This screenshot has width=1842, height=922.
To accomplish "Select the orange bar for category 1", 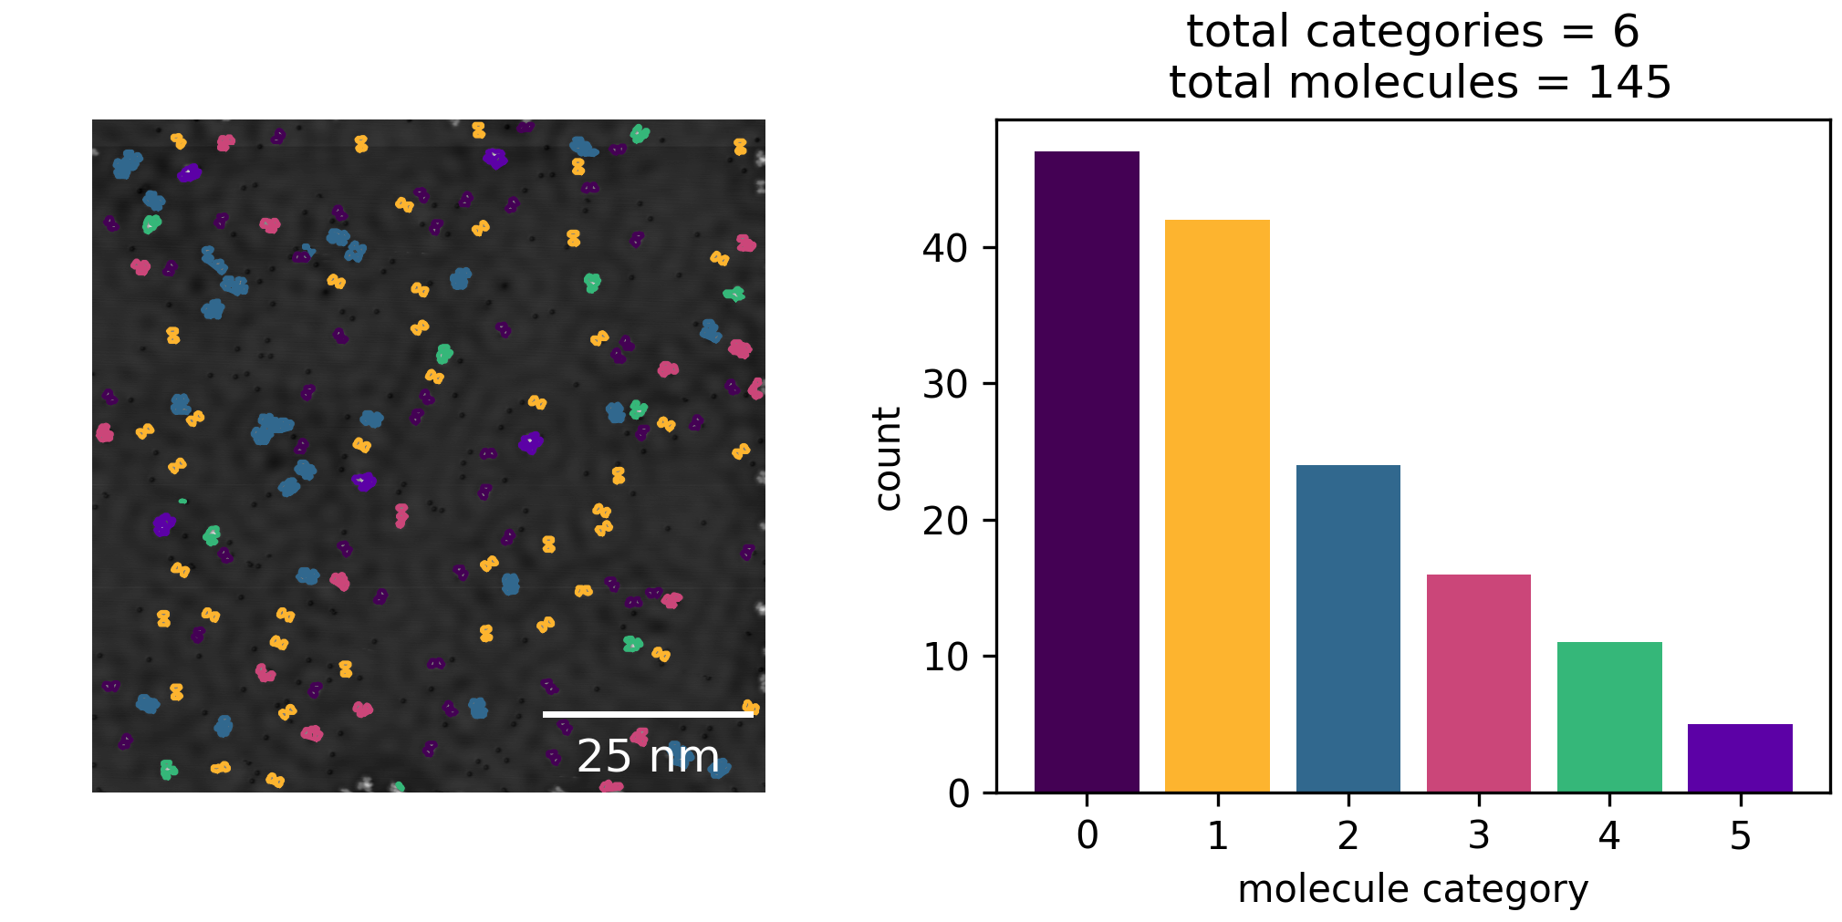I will pos(1217,506).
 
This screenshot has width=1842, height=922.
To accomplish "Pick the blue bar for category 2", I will pos(1348,628).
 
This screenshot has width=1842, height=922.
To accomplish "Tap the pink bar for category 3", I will pos(1478,683).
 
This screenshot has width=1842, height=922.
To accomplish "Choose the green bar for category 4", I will pos(1608,717).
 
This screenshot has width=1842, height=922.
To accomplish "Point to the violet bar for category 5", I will pos(1740,758).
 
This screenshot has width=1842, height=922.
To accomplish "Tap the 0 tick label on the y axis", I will pos(958,793).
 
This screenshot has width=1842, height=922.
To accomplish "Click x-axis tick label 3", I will pos(1478,835).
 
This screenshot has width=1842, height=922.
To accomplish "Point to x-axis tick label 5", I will pos(1740,835).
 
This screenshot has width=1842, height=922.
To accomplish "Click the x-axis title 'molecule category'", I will pos(1412,889).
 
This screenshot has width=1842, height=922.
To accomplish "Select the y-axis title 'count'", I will pos(888,459).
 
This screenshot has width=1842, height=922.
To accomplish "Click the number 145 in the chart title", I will pos(1629,82).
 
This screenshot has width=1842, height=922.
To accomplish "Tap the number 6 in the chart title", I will pos(1626,32).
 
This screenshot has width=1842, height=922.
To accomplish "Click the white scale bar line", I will pos(648,714).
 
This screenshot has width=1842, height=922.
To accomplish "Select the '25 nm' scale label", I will pos(648,756).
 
